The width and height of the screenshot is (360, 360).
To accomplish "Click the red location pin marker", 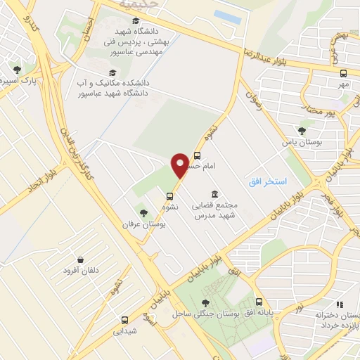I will pos(181,165).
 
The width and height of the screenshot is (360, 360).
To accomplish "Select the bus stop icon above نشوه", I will pos(170,196).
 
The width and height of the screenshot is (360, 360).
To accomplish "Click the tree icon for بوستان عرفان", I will pos(143,213).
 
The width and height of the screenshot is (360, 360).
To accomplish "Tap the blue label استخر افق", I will pos(267,181).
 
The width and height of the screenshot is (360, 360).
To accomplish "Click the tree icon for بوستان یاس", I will pos(302,131).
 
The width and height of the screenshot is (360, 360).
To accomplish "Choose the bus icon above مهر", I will pos(343,73).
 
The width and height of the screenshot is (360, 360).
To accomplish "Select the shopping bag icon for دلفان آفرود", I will pos(81,259).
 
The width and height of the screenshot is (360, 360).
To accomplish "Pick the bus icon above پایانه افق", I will pos(259,301).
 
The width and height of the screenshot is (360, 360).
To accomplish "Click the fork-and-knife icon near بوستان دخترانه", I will pos(340,305).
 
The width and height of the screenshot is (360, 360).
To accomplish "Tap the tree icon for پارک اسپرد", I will pos(18,70).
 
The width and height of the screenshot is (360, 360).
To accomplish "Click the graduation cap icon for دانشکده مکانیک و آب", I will pos(110,72).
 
